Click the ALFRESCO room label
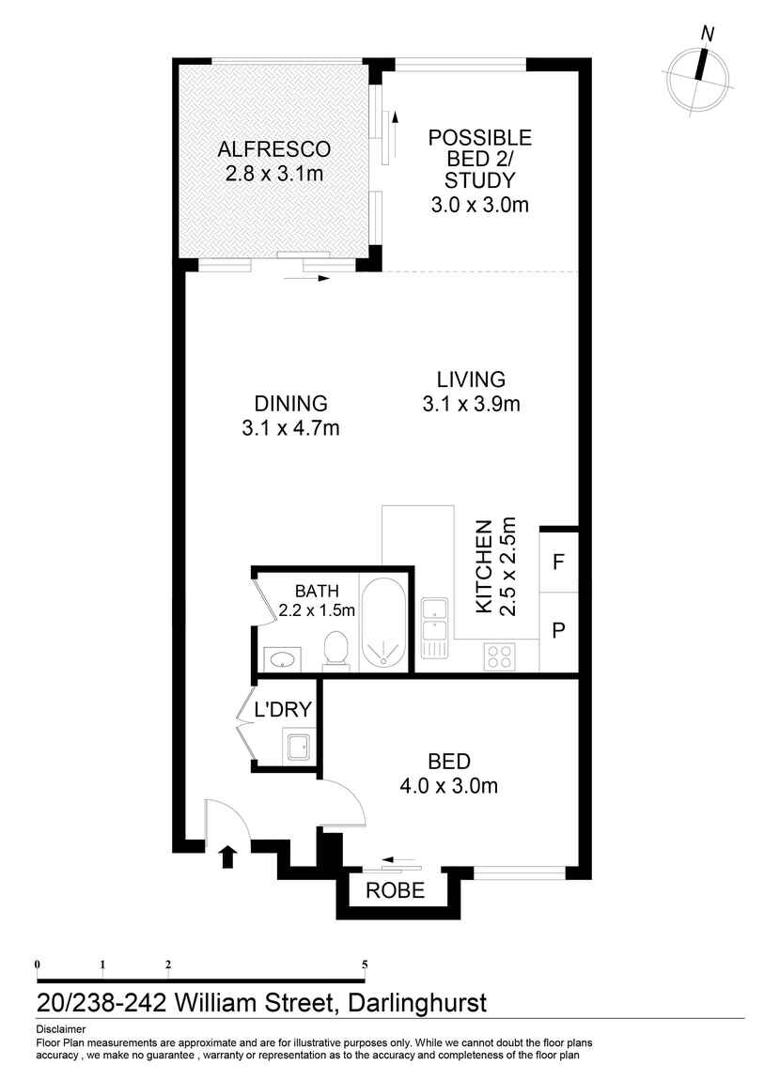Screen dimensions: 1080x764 click(273, 148)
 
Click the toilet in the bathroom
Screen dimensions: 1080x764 click(335, 649)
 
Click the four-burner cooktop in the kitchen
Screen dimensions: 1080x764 click(499, 656)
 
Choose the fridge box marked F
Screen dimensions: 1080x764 click(558, 562)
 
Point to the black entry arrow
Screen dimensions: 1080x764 click(226, 856)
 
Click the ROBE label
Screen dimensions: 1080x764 click(395, 890)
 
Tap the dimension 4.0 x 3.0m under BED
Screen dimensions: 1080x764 click(449, 786)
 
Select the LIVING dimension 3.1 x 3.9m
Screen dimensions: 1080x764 click(472, 405)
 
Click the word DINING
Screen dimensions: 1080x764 click(290, 404)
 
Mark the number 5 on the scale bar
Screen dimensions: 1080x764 click(365, 964)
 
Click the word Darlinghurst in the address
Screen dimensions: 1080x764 click(417, 1003)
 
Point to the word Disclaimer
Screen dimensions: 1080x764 click(61, 1029)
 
